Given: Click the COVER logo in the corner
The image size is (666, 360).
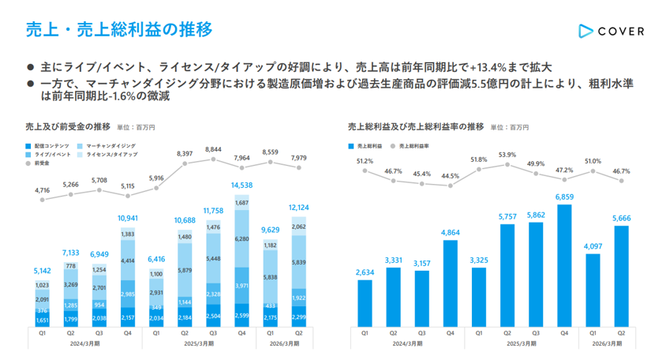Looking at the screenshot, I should tap(610, 31).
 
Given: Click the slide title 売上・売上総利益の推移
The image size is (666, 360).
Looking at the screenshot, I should tap(118, 30).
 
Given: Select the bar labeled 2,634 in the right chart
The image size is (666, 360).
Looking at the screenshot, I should tap(365, 303).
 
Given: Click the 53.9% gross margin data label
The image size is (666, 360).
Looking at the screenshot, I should tap(507, 155).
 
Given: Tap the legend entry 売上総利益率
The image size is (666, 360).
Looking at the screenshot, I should tap(413, 146).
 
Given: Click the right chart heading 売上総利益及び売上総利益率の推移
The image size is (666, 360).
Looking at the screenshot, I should tap(415, 126).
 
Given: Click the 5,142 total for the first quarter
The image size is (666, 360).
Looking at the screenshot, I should tap(42, 271).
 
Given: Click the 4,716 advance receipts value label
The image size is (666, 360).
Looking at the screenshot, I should tap(42, 190).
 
